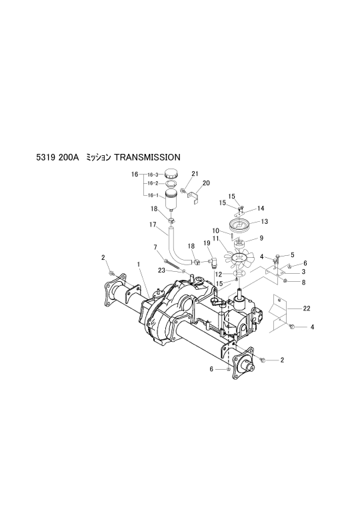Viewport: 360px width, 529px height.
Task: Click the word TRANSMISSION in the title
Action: pyautogui.click(x=147, y=157)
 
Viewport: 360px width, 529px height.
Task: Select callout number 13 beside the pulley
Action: pyautogui.click(x=265, y=222)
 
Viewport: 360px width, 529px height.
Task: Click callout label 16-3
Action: pyautogui.click(x=153, y=175)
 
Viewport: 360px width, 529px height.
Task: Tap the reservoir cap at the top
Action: pyautogui.click(x=171, y=175)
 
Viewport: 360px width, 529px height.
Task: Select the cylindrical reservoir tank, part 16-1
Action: pyautogui.click(x=171, y=199)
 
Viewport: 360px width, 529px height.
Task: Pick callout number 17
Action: pyautogui.click(x=153, y=225)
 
